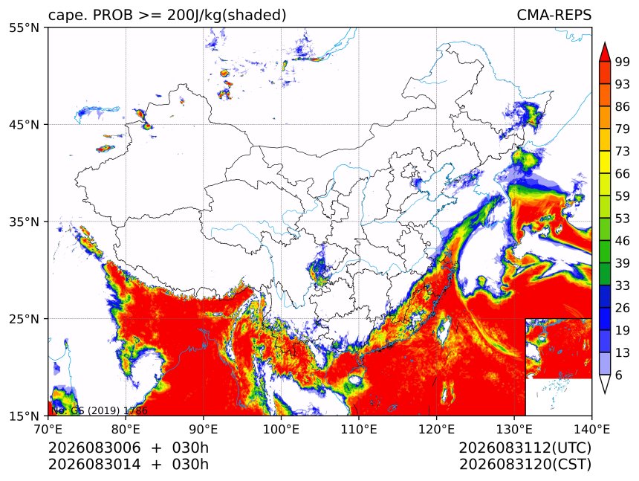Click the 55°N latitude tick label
[24, 28]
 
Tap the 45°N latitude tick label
[24, 124]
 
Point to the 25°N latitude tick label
[24, 319]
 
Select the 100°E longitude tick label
[281, 429]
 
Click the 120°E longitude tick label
[436, 429]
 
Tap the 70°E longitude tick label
[48, 429]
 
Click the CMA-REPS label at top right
[554, 15]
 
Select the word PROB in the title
[113, 15]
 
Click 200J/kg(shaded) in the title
[226, 16]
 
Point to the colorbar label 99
[623, 62]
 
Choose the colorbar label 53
[623, 219]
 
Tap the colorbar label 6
[619, 375]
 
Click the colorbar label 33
[623, 285]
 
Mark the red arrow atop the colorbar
[605, 52]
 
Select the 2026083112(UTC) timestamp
[525, 448]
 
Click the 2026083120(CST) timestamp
[525, 465]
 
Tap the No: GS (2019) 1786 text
[99, 410]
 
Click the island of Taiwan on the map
[443, 329]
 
